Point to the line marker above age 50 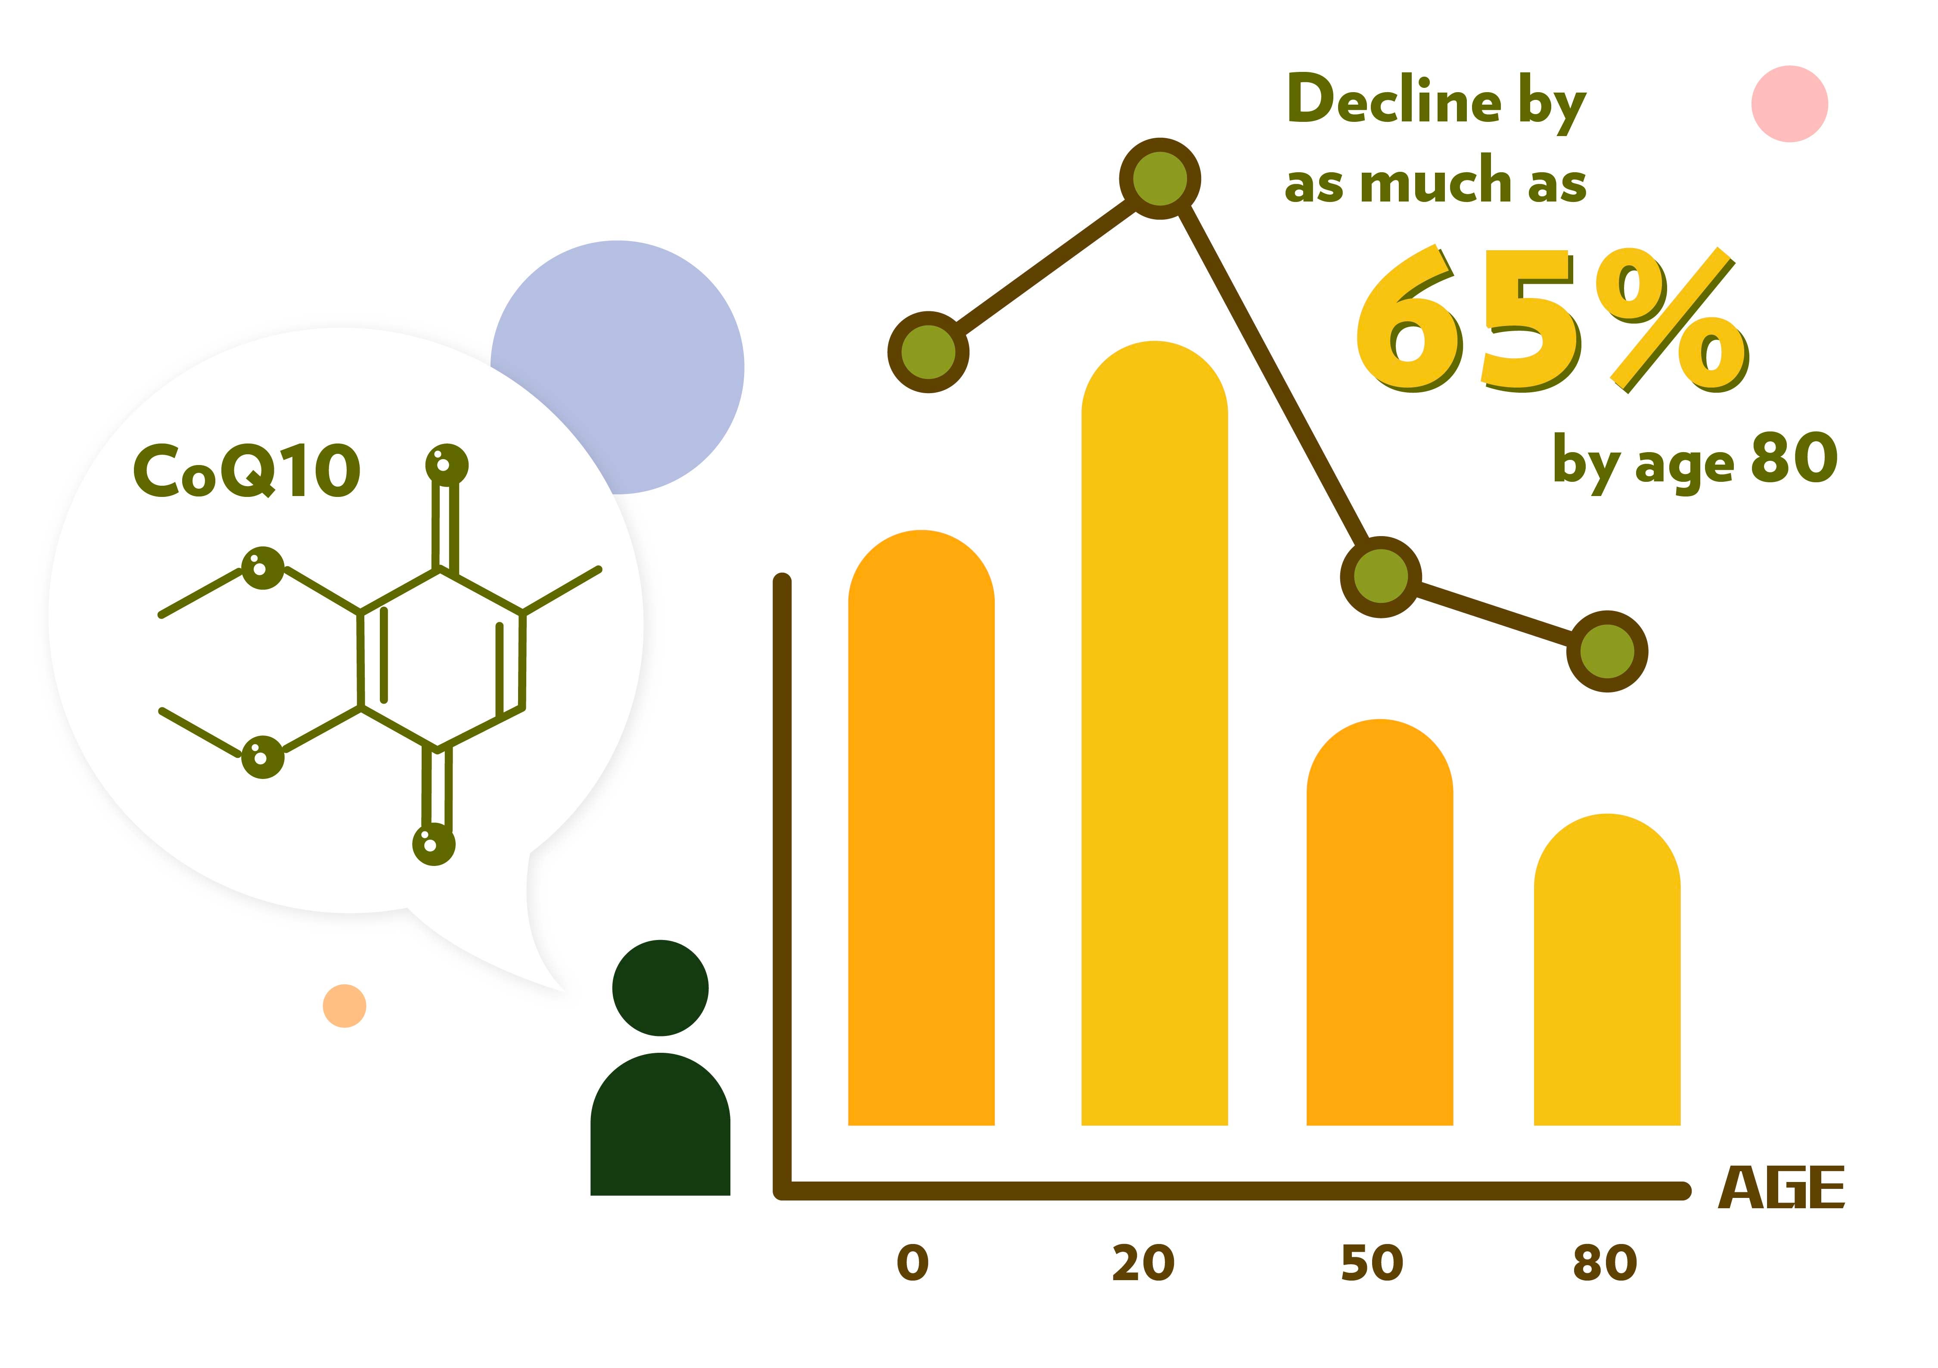pyautogui.click(x=1380, y=577)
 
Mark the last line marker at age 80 pyautogui.click(x=1606, y=651)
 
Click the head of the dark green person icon pyautogui.click(x=660, y=987)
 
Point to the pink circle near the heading pyautogui.click(x=1789, y=104)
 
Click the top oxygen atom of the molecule pyautogui.click(x=447, y=464)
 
